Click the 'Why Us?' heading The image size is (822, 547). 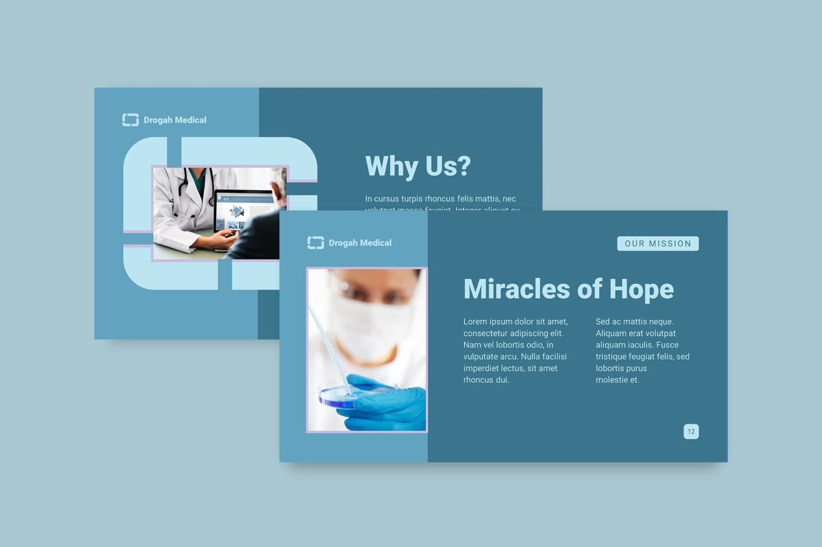coord(417,166)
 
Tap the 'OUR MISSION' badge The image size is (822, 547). coord(658,244)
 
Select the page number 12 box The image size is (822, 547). coord(691,431)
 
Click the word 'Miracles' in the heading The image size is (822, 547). coord(516,289)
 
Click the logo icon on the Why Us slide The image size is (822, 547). coord(130,120)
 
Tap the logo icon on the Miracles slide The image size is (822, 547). coord(315,243)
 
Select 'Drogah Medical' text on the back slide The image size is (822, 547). coord(175,120)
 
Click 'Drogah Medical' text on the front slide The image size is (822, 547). coord(360,243)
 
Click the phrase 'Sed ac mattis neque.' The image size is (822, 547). coord(634,322)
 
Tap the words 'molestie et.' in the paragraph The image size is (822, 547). coord(617,380)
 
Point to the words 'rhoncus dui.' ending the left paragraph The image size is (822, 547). coord(486,380)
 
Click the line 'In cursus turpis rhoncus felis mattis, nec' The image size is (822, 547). coord(440,199)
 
